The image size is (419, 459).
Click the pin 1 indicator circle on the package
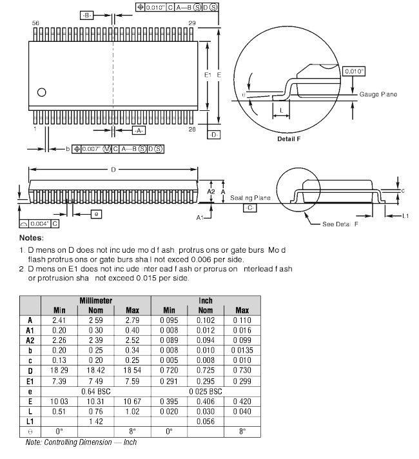42,92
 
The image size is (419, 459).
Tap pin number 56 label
35,23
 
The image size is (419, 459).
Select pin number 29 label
191,23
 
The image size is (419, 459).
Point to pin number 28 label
191,130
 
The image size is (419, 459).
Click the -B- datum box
88,15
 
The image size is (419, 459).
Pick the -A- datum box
139,130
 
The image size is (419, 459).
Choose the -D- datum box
214,134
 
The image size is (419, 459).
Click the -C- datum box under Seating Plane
249,208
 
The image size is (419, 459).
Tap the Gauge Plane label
378,95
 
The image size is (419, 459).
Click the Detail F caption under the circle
289,139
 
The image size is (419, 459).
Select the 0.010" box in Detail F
354,71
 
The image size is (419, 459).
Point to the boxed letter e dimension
95,214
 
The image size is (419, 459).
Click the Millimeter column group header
96,300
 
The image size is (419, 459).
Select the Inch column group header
206,300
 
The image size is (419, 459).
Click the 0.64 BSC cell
95,391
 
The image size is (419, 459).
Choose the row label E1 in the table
30,382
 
